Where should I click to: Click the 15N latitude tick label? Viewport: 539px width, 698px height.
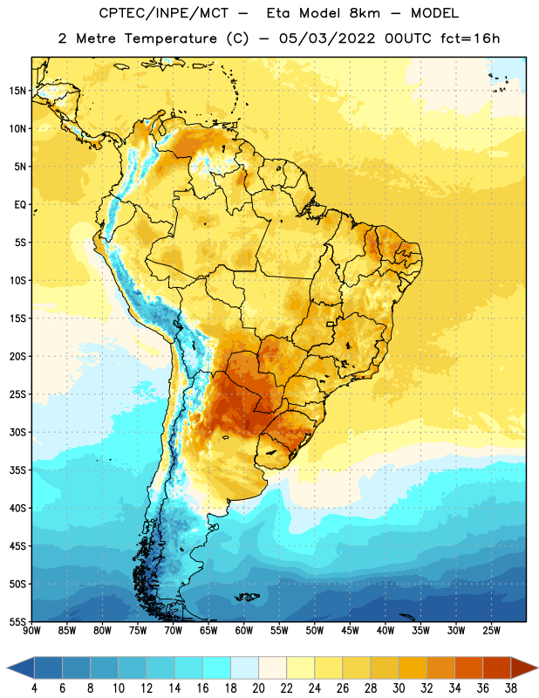coord(17,91)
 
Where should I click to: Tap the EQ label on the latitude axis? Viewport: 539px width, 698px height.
coord(20,205)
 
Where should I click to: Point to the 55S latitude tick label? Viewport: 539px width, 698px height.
coord(17,621)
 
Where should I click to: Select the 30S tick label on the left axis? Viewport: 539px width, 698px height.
coord(17,432)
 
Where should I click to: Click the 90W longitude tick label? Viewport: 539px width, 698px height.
coord(31,631)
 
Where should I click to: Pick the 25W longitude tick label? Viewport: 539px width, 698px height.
coord(491,631)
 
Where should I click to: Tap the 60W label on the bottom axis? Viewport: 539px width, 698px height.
coord(244,631)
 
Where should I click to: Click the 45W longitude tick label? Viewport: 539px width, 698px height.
coord(351,631)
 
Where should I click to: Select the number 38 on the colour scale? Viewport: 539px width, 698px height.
coord(511,688)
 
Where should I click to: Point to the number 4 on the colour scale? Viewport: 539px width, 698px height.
coord(34,688)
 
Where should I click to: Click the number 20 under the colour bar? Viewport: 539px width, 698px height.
coord(258,688)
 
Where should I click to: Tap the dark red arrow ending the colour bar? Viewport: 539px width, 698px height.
coord(525,667)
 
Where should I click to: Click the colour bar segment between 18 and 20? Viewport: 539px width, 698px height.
coord(245,667)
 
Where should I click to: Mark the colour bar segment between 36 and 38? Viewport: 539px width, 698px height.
coord(497,667)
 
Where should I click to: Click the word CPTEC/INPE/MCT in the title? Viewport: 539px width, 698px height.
coord(164,13)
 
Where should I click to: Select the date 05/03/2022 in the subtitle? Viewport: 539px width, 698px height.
coord(327,38)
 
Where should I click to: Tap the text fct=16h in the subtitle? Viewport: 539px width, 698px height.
coord(470,38)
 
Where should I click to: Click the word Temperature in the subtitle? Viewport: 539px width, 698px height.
coord(170,38)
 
